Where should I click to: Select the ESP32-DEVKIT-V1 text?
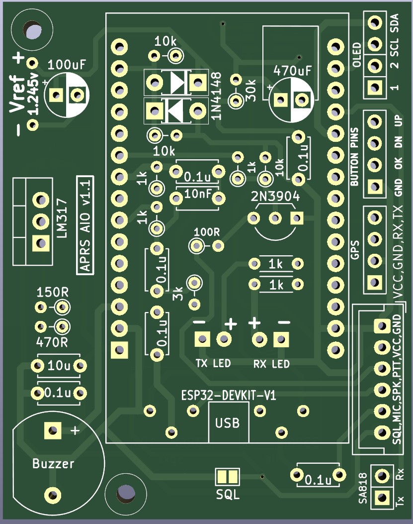(x=228, y=396)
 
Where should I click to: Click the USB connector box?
(x=228, y=423)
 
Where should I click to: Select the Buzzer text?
(x=53, y=464)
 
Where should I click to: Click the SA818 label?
(x=363, y=489)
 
